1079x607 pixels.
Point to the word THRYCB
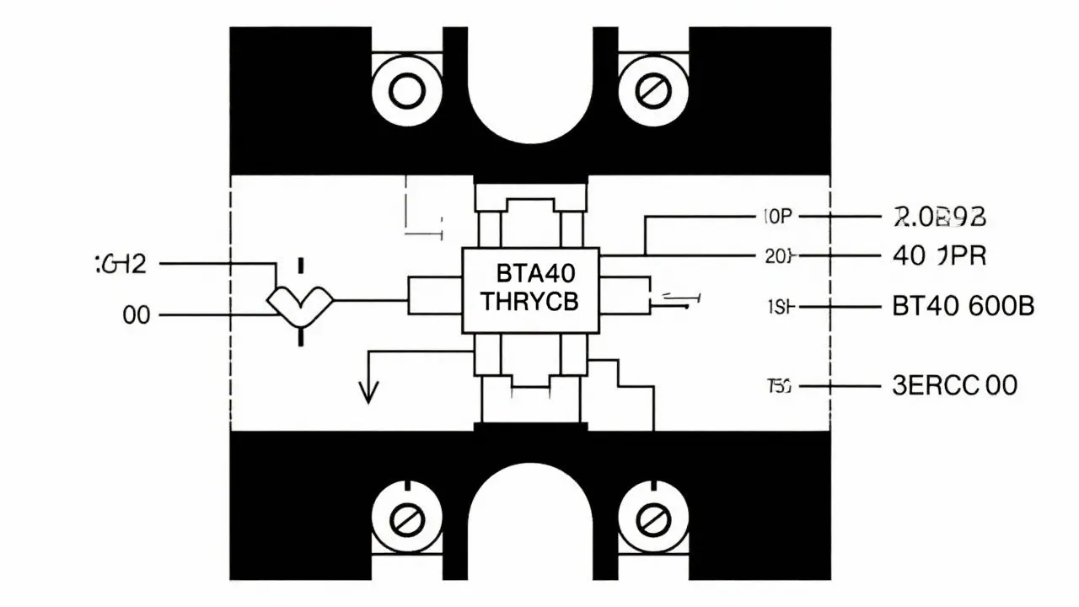tap(529, 302)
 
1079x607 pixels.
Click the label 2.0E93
tap(938, 217)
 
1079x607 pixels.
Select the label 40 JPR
tap(938, 255)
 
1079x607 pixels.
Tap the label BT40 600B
tap(962, 307)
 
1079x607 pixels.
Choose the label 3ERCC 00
tap(953, 386)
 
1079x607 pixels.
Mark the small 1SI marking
tap(779, 308)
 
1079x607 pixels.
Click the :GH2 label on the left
tap(119, 264)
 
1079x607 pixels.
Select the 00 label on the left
tap(137, 315)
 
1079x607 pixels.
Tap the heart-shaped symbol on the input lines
tap(300, 303)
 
